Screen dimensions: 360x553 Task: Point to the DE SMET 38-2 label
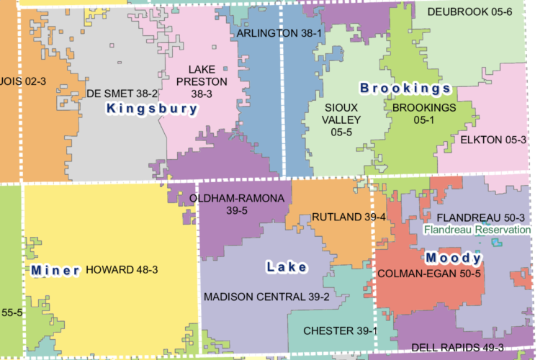(121, 94)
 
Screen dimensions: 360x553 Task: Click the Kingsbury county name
(152, 109)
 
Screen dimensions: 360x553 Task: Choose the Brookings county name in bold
(405, 89)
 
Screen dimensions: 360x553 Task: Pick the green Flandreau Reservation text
(477, 230)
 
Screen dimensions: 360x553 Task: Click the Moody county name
(453, 258)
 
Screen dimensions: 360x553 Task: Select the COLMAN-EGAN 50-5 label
(429, 274)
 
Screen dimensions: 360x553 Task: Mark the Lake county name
(287, 267)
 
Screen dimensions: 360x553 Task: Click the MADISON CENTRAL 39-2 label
(266, 297)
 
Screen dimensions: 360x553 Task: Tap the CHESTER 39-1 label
(341, 330)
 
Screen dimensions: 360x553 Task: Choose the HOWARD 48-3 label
(122, 270)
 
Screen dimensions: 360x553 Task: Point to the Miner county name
(55, 271)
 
